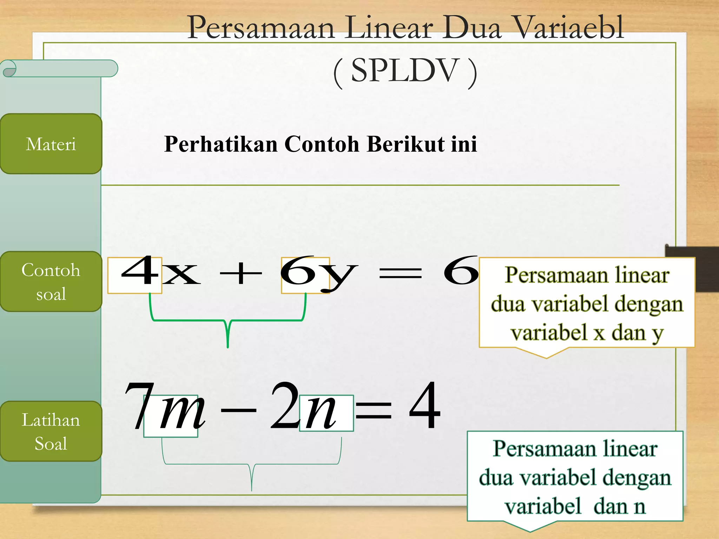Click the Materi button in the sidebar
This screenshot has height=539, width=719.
pyautogui.click(x=51, y=144)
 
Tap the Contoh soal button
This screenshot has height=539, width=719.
pyautogui.click(x=51, y=281)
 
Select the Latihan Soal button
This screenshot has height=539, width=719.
pyautogui.click(x=51, y=431)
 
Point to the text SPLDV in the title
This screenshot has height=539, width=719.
pyautogui.click(x=405, y=71)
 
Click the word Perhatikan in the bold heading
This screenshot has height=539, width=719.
pyautogui.click(x=221, y=144)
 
